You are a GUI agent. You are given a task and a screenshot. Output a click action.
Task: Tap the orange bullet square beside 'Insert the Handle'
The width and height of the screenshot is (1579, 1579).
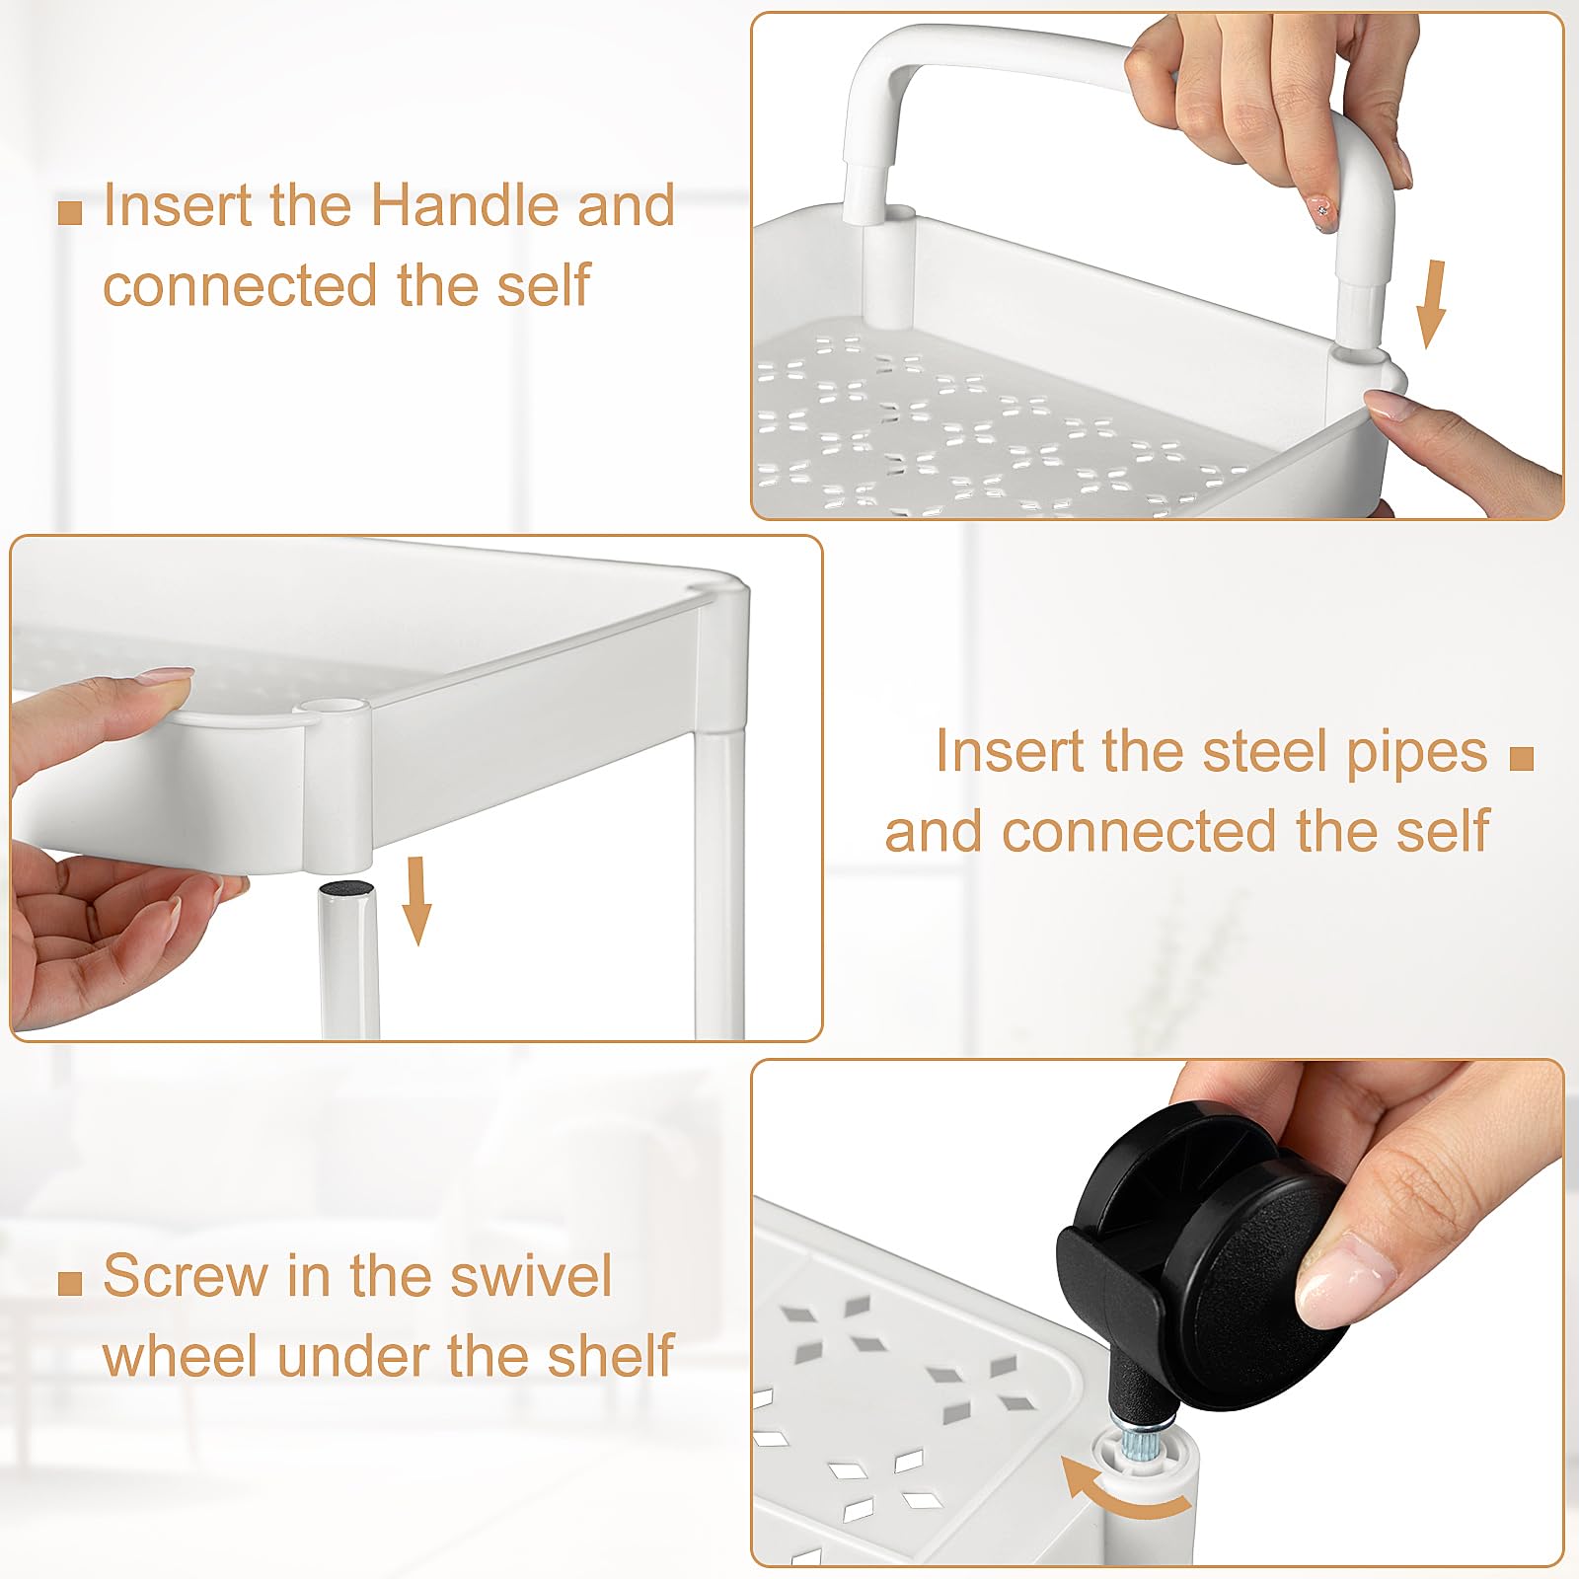click(x=70, y=212)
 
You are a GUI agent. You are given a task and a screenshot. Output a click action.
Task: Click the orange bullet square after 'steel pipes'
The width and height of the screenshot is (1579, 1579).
click(x=1522, y=758)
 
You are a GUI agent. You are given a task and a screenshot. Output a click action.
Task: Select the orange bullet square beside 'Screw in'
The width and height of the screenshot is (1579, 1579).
click(x=70, y=1283)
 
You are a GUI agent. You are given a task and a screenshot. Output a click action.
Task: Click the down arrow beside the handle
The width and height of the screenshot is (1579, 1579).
click(x=1431, y=304)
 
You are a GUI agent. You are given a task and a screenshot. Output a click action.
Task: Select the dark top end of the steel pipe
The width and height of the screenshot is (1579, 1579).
click(x=345, y=888)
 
